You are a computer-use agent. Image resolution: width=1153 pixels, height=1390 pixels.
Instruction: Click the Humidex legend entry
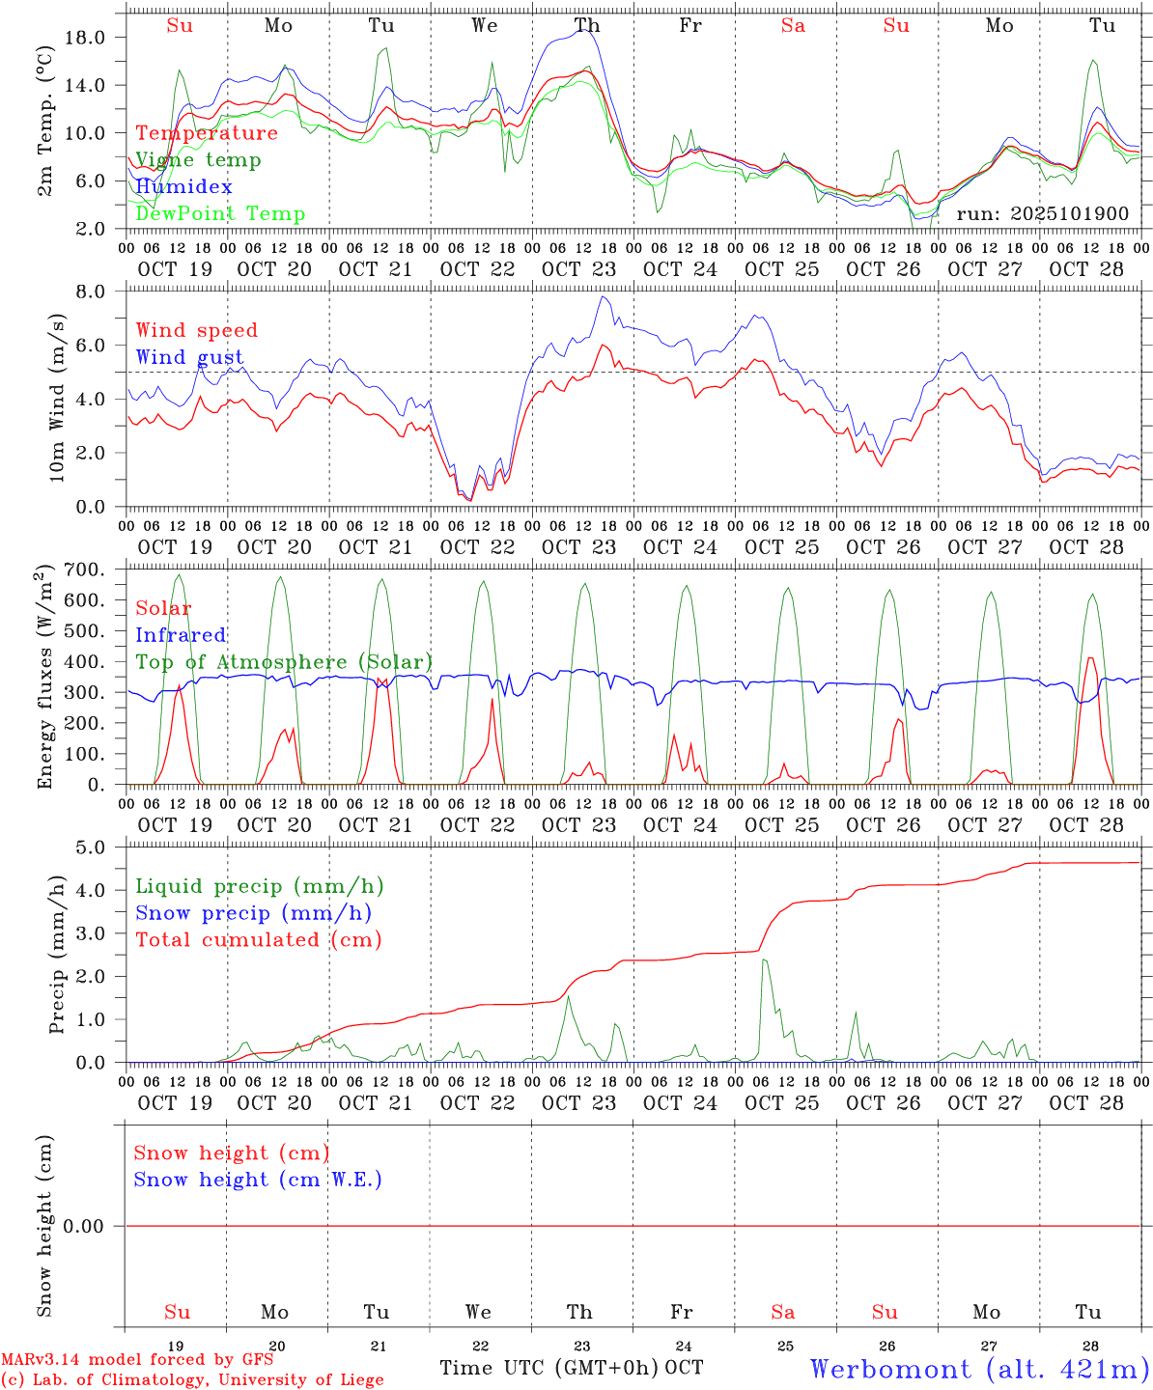click(183, 187)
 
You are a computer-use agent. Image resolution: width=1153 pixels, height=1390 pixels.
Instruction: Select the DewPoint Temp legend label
click(220, 214)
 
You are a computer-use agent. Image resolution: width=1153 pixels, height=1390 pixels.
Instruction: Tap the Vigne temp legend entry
click(198, 160)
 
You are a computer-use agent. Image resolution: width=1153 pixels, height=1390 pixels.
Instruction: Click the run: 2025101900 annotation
click(1042, 214)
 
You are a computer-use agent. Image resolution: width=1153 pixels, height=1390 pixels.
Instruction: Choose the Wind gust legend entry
click(189, 357)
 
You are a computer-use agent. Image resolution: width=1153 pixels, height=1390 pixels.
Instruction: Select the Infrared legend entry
click(181, 635)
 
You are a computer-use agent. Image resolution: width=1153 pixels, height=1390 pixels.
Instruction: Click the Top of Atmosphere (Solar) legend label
click(284, 662)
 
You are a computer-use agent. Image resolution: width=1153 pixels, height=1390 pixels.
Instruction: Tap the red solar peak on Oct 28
click(1089, 658)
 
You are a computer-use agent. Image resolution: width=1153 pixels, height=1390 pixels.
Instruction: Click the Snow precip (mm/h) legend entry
click(253, 913)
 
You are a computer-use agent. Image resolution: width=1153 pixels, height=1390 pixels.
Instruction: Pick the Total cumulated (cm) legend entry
click(258, 940)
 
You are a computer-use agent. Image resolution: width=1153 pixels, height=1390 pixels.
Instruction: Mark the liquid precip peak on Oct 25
click(764, 959)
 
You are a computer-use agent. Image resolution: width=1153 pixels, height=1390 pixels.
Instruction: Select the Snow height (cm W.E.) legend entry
click(258, 1180)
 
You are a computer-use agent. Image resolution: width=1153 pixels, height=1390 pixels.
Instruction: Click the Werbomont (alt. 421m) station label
click(979, 1369)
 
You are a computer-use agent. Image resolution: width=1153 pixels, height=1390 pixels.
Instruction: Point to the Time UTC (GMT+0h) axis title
click(548, 1368)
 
